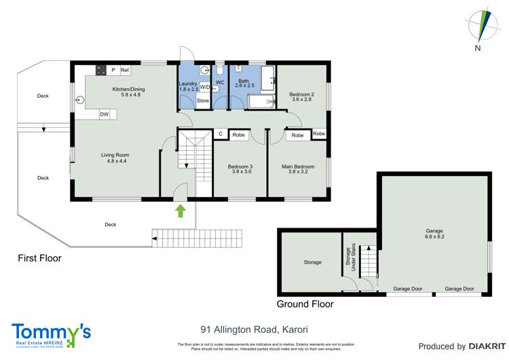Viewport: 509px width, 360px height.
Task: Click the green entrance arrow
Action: (181, 211)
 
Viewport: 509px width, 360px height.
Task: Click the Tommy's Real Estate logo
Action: (51, 334)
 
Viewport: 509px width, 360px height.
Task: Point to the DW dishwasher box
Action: (105, 114)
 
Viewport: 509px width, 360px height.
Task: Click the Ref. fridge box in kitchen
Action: (125, 70)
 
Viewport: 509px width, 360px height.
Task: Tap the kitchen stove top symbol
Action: (100, 70)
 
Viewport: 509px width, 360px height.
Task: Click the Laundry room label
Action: (188, 86)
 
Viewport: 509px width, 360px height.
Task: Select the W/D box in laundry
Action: (204, 87)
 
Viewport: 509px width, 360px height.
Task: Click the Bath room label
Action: (244, 83)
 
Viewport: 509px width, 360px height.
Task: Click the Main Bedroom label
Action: (298, 169)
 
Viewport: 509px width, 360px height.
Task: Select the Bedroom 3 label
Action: (240, 169)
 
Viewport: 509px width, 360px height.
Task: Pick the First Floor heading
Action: (39, 258)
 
